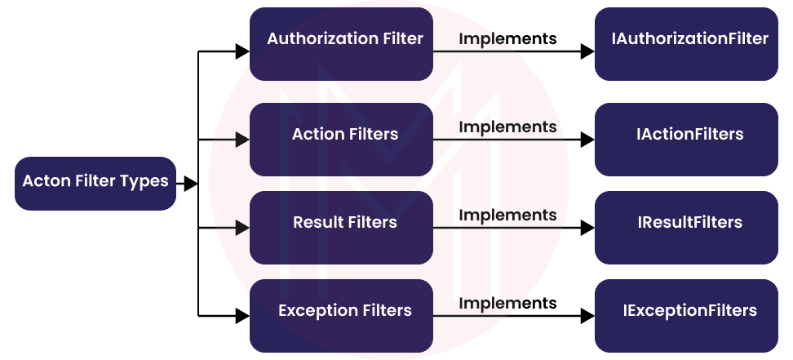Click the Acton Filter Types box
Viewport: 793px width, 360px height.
(95, 182)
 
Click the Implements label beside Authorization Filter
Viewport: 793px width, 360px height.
(507, 38)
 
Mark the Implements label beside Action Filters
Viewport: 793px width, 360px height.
(507, 127)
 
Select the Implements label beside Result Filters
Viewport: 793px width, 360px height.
(507, 216)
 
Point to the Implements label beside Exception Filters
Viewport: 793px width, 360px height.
(507, 304)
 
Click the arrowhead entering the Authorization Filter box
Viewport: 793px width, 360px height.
(242, 52)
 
